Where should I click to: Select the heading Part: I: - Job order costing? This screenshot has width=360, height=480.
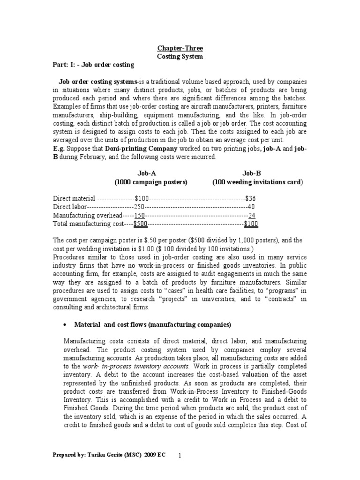click(x=93, y=64)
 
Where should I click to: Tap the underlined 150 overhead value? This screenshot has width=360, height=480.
click(x=140, y=215)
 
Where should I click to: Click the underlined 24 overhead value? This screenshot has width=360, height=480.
click(x=252, y=215)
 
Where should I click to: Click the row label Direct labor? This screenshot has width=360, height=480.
click(x=70, y=207)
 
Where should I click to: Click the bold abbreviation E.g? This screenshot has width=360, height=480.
click(x=59, y=150)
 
